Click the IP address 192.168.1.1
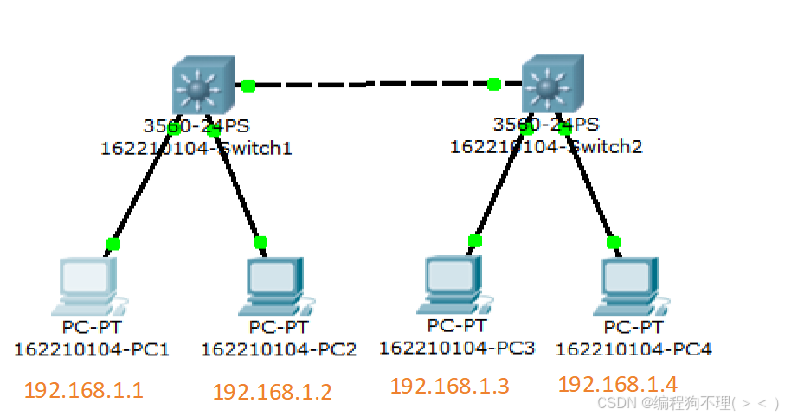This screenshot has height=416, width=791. click(84, 390)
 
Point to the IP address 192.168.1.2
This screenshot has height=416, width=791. click(272, 392)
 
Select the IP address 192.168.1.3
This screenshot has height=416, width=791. click(449, 386)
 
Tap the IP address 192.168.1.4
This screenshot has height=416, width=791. click(618, 383)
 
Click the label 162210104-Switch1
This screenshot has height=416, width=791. click(196, 148)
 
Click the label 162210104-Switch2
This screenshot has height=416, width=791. click(546, 146)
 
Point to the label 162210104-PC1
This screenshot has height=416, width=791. click(92, 349)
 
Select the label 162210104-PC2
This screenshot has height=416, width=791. click(279, 349)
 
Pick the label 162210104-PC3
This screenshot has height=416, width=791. click(457, 348)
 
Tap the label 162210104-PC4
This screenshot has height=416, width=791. click(633, 349)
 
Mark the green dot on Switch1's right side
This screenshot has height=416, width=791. click(248, 85)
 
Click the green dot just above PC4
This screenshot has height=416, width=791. click(614, 242)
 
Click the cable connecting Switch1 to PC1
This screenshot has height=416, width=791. click(143, 187)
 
